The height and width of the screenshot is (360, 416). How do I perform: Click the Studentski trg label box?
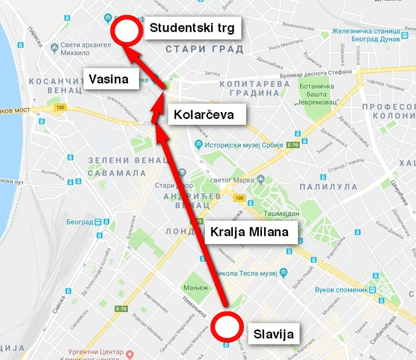(193, 28)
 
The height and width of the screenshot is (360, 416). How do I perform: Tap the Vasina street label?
(109, 79)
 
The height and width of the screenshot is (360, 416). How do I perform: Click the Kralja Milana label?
(249, 232)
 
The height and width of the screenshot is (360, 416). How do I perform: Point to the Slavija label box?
(273, 334)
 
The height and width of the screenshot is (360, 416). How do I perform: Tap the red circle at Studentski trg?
(126, 30)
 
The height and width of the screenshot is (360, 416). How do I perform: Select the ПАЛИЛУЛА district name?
(328, 186)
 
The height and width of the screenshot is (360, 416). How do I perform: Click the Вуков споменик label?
(341, 290)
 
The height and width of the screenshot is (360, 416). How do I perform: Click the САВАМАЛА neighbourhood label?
(117, 173)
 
